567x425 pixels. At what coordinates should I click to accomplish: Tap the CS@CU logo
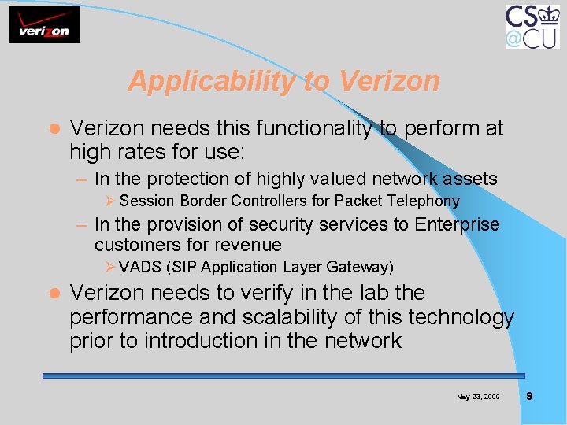click(x=532, y=26)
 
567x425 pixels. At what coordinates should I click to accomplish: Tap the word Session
click(x=148, y=201)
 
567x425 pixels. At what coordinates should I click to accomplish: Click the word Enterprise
click(x=457, y=224)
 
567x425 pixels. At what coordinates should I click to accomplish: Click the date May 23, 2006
click(x=478, y=397)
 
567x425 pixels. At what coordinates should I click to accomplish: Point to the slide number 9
click(x=529, y=396)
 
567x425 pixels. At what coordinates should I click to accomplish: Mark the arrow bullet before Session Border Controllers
click(x=111, y=201)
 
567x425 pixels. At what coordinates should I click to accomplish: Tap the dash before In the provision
click(x=81, y=225)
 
